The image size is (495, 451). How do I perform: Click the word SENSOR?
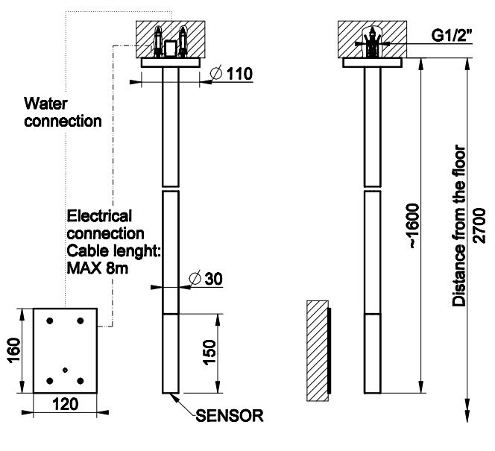[x=229, y=415]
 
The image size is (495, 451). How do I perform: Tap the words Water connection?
[x=63, y=110]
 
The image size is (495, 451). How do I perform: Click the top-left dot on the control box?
[x=49, y=321]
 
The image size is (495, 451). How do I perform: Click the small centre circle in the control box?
[x=66, y=370]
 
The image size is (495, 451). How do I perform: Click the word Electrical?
[x=99, y=216]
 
